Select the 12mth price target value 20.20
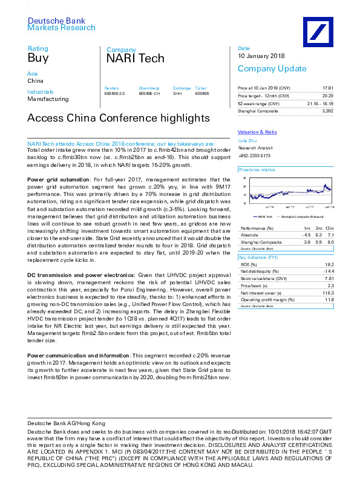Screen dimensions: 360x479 coord(328,96)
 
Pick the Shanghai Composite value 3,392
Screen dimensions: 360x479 coord(328,111)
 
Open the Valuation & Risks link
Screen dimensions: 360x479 coord(257,132)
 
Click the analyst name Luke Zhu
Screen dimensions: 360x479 coord(244,139)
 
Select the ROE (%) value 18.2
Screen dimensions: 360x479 coord(329,265)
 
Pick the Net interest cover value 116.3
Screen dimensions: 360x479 coord(328,292)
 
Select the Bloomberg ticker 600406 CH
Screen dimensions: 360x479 coord(149,94)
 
